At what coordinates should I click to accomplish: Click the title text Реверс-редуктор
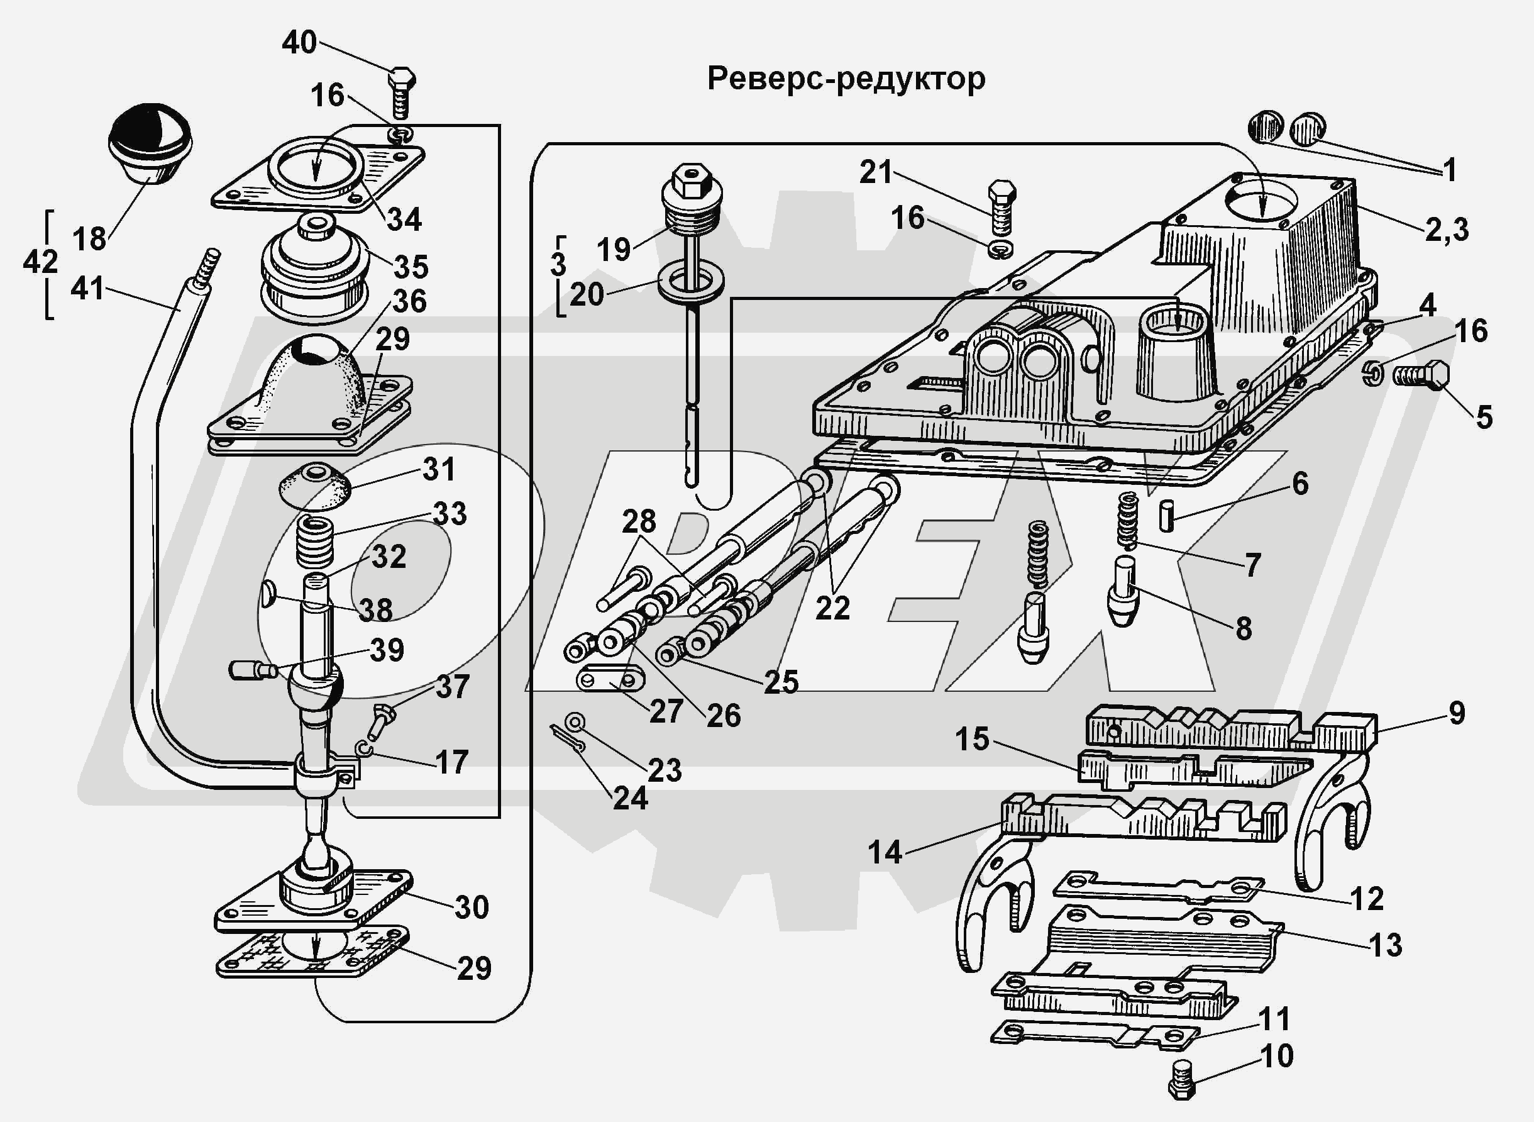846,79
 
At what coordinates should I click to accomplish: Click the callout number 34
404,220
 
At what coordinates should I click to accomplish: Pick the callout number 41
87,289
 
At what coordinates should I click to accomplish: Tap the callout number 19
614,248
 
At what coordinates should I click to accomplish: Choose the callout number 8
1244,628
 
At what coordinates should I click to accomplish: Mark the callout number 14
885,852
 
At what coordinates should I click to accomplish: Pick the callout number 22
832,608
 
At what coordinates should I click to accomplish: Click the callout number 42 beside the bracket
40,262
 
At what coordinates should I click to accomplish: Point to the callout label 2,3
1447,230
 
